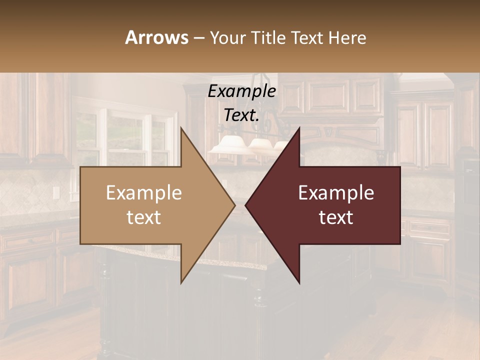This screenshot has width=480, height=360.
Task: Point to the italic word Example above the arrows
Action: point(241,91)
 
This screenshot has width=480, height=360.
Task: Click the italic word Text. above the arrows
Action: point(241,115)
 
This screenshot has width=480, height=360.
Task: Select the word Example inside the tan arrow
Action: point(144,193)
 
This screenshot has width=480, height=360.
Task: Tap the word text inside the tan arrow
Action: point(144,217)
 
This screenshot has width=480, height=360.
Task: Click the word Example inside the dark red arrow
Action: point(336,193)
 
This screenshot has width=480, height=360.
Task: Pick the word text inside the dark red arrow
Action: point(336,217)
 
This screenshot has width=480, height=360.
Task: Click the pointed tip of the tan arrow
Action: point(234,205)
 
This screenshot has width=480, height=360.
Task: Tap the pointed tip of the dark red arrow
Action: point(245,205)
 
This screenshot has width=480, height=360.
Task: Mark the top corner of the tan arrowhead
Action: point(181,128)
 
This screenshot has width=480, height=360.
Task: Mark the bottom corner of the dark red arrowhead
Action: point(299,283)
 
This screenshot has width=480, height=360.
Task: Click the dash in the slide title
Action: point(198,38)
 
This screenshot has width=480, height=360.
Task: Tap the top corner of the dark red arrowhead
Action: point(299,128)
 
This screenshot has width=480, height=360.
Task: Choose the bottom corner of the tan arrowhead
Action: point(181,283)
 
